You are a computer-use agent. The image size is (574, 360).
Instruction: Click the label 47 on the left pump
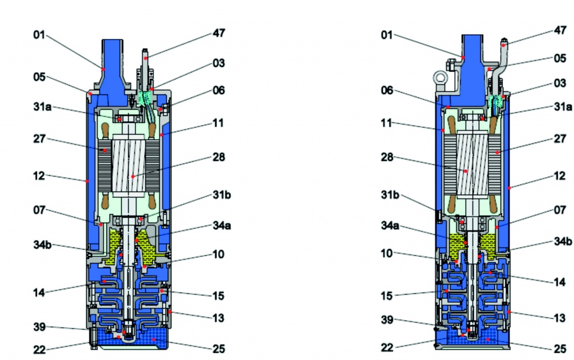tap(219, 33)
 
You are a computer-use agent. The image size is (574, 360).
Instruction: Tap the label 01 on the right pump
tap(386, 35)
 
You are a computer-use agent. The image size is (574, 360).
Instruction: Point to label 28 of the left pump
tap(219, 157)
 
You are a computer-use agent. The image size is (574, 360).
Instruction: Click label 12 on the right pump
tap(559, 176)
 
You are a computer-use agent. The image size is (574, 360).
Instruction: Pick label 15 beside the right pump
tap(387, 296)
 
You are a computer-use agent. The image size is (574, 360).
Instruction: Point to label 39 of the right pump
tap(387, 320)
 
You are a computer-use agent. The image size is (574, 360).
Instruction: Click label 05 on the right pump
tap(559, 58)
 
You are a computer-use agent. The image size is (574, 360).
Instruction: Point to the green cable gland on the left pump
tap(145, 98)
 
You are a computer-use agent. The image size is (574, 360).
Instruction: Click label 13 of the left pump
tap(219, 318)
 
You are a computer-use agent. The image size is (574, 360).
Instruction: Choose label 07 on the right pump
tap(559, 211)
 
